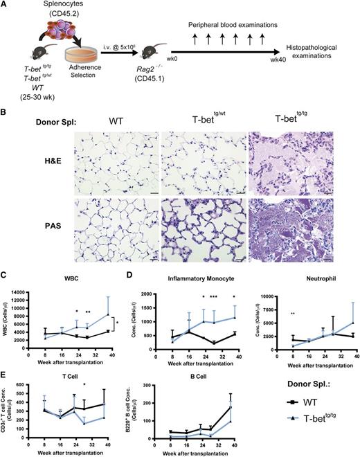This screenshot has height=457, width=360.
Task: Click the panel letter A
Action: point(6,6)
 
